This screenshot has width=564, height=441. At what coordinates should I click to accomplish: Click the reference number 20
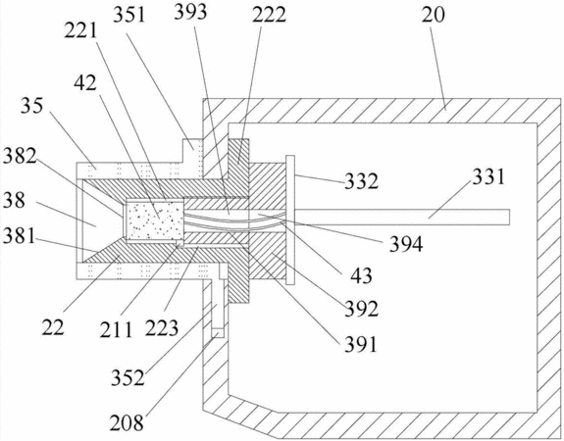point(434,15)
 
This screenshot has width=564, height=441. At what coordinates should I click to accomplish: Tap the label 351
point(129,15)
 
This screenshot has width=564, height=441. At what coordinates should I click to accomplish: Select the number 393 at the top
point(190,12)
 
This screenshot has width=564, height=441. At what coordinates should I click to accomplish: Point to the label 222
point(269,15)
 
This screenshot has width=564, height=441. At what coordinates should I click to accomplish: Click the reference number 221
point(81,31)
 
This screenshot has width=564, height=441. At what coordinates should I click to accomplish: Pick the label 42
point(85,83)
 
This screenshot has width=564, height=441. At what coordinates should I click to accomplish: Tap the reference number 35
point(31,106)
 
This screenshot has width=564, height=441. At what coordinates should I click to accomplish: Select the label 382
point(20,157)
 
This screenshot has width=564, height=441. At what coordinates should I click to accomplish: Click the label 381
point(19,236)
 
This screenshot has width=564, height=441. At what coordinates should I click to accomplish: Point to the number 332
point(362,181)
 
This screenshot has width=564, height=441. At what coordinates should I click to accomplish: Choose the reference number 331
point(488,176)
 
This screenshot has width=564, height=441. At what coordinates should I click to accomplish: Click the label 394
point(406,244)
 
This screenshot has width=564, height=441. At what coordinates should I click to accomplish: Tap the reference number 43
point(361,276)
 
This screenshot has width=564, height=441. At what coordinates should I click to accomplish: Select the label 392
point(362,309)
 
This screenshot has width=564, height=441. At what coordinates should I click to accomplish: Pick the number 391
point(361,345)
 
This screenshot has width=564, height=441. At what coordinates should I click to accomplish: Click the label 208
point(127,422)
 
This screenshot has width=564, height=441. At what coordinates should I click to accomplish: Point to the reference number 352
point(128,377)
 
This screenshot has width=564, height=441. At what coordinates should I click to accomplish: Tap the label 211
point(116,329)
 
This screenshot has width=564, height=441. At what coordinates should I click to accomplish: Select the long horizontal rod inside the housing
point(402,218)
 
